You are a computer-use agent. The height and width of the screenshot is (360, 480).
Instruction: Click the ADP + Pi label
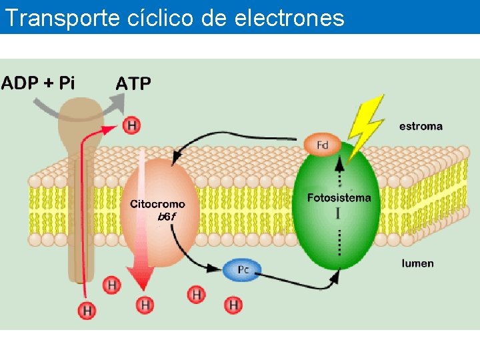(x=38, y=83)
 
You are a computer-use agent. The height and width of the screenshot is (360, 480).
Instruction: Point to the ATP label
(x=133, y=83)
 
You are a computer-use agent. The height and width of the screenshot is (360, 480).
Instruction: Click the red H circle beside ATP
(x=131, y=125)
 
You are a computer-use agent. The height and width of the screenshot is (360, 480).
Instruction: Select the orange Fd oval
(x=323, y=144)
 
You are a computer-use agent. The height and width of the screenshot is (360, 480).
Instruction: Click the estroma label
(x=421, y=125)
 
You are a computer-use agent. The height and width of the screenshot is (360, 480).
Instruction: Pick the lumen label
(x=417, y=263)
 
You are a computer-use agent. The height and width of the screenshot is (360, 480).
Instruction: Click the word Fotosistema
(x=339, y=197)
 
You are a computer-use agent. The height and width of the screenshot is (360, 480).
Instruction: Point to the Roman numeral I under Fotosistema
(x=339, y=213)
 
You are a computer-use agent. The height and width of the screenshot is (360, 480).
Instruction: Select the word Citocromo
(x=157, y=204)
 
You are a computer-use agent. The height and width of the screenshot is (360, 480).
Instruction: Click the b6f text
(x=166, y=217)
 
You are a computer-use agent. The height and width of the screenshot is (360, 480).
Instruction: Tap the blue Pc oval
(x=243, y=269)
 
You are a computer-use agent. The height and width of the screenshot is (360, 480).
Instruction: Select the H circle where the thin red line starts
(x=87, y=310)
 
